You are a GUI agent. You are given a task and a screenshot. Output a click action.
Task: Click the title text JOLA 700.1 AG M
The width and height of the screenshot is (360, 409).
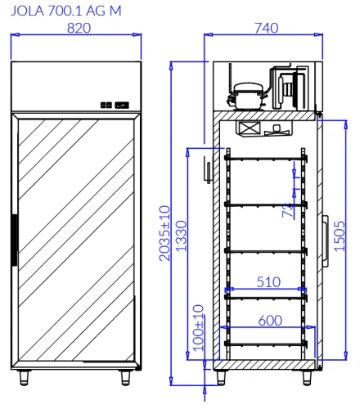(65, 11)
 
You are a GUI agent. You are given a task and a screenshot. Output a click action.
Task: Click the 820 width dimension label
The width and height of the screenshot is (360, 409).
(79, 28)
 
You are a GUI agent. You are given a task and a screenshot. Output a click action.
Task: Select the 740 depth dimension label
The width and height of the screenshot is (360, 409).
(267, 28)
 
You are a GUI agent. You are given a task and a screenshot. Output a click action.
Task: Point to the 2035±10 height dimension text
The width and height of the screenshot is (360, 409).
(164, 233)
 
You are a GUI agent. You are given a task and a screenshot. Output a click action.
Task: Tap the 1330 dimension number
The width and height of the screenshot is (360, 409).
(182, 236)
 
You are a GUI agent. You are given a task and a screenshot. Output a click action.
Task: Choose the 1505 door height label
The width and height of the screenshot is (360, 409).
(340, 236)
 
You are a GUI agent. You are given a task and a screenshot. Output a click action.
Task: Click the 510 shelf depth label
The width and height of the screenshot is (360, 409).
(268, 282)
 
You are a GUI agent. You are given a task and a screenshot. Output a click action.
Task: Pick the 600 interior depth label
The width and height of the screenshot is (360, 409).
(270, 321)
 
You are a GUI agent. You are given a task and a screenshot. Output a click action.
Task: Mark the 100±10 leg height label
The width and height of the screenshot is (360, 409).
(199, 328)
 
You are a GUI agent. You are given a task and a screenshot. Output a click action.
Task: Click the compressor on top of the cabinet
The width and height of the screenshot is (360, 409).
(245, 96)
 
